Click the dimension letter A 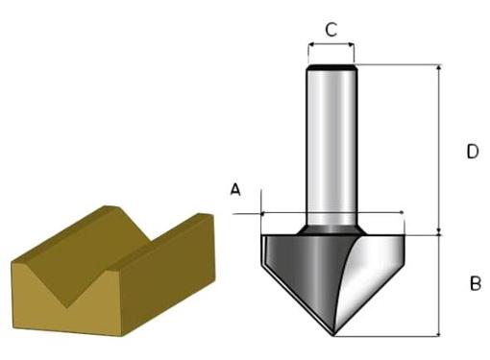tap(235, 189)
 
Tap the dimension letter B tap(476, 283)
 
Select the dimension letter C tap(331, 29)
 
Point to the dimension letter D tap(473, 152)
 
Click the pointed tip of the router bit tap(333, 335)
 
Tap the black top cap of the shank tap(331, 67)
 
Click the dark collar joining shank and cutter tap(331, 229)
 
